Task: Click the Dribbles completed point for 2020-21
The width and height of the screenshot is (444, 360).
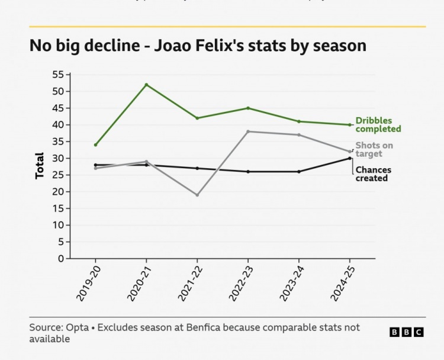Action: tap(146, 85)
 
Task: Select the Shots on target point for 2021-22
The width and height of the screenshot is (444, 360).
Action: tap(197, 195)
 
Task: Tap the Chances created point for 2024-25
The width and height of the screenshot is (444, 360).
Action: tap(350, 158)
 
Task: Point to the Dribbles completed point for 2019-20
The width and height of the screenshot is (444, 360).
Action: tap(95, 144)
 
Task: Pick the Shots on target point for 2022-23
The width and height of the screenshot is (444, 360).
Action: tap(248, 131)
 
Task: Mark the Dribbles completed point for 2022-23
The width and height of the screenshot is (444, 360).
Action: tap(248, 108)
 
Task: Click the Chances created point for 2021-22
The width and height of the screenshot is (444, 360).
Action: tap(197, 168)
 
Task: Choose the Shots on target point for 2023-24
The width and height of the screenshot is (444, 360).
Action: tap(299, 134)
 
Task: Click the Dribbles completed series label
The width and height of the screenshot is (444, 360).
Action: tap(378, 124)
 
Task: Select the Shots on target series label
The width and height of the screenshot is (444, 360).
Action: tap(374, 149)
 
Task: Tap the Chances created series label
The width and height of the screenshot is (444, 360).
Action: tap(373, 174)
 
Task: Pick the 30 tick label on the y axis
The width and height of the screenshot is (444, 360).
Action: tap(58, 158)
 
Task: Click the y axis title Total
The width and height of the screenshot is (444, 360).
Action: tap(40, 166)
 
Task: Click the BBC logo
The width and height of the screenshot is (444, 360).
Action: tap(407, 332)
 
